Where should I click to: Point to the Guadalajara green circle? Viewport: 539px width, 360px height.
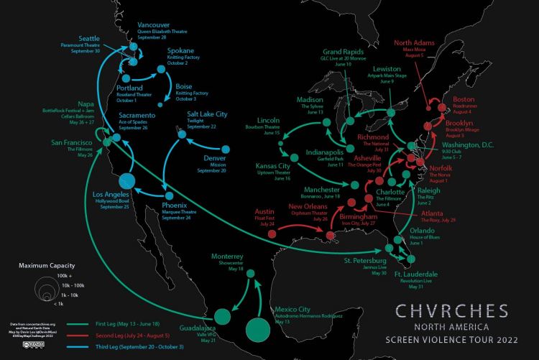224,315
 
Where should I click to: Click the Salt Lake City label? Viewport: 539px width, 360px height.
207,114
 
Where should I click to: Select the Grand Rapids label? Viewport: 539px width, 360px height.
343,52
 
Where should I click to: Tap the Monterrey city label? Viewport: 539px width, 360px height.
228,257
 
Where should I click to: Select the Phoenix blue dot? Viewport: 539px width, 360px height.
167,195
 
